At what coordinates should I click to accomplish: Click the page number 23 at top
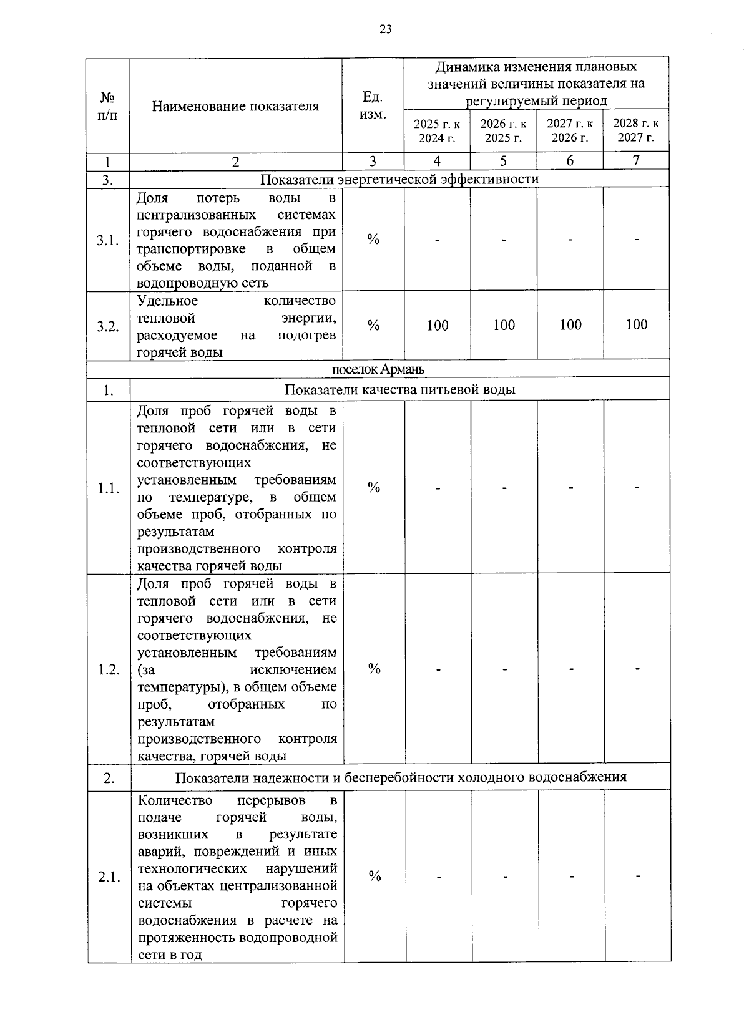[385, 29]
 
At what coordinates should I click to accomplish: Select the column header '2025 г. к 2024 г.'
[437, 130]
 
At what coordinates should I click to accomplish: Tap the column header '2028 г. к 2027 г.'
[636, 130]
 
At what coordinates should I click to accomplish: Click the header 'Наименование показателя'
[235, 106]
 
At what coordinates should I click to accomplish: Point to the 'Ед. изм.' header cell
[373, 105]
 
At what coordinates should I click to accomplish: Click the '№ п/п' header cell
[107, 106]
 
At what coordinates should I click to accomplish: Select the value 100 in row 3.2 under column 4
[438, 325]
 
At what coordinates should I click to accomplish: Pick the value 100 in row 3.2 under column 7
[637, 324]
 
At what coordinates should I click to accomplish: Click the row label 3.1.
[108, 240]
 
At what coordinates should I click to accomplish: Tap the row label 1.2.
[109, 669]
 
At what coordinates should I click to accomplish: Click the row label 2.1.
[109, 877]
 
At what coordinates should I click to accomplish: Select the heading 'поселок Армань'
[378, 369]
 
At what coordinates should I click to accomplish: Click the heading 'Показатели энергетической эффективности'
[399, 179]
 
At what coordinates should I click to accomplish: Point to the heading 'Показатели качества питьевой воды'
[399, 390]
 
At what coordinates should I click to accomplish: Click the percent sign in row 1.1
[374, 487]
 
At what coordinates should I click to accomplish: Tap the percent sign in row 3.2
[373, 325]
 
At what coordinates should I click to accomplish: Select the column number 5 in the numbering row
[503, 161]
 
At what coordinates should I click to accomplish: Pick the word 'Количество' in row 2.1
[175, 800]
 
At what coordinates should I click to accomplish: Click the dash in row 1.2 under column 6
[570, 669]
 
